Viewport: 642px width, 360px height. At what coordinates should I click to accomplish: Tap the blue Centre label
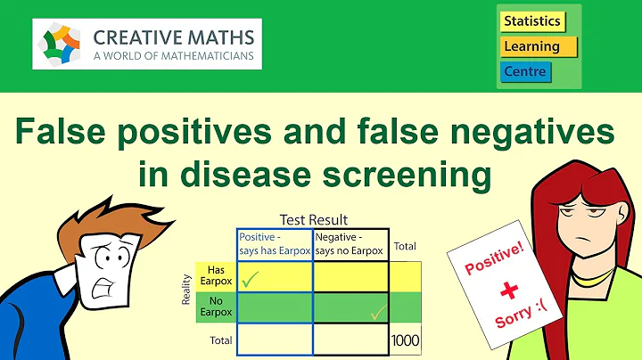[526, 70]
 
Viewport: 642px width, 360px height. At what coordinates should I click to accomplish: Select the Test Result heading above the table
[313, 219]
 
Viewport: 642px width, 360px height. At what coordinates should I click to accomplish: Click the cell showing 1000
[405, 341]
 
